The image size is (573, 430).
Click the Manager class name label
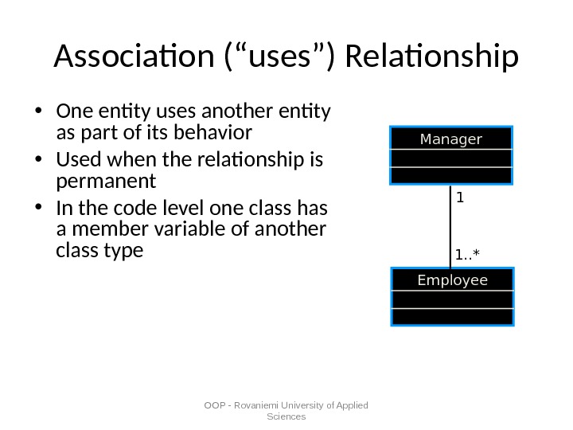(450, 139)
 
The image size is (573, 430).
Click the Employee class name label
(452, 280)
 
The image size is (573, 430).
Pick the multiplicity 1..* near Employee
(468, 255)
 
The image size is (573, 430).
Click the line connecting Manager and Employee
(451, 227)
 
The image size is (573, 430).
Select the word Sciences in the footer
(286, 416)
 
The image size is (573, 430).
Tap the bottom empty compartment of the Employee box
(452, 317)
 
